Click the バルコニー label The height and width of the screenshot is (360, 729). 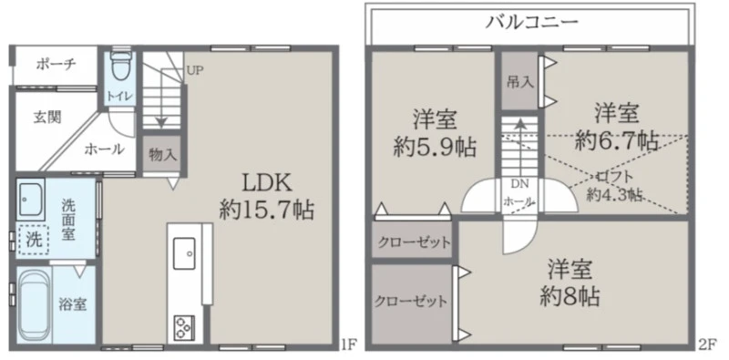point(531,21)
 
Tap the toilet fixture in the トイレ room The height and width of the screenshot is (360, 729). point(122,65)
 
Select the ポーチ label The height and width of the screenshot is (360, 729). point(56,65)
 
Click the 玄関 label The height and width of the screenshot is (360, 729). point(47,117)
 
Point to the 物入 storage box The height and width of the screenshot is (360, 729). point(163,154)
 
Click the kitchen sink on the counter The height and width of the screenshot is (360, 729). point(184,253)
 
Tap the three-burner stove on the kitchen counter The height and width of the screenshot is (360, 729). point(184,327)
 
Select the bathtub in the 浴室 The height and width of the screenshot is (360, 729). point(36,305)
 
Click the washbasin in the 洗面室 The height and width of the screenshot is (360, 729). point(31,199)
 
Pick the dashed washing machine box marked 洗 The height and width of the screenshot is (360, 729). point(34,239)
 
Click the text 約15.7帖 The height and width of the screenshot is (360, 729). point(267,211)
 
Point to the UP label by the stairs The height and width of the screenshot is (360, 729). point(195,71)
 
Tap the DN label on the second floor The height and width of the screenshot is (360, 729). point(519,183)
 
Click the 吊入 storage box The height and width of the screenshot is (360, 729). point(519,81)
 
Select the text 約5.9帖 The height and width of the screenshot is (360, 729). point(435,148)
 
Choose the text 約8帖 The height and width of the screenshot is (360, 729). point(570,296)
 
